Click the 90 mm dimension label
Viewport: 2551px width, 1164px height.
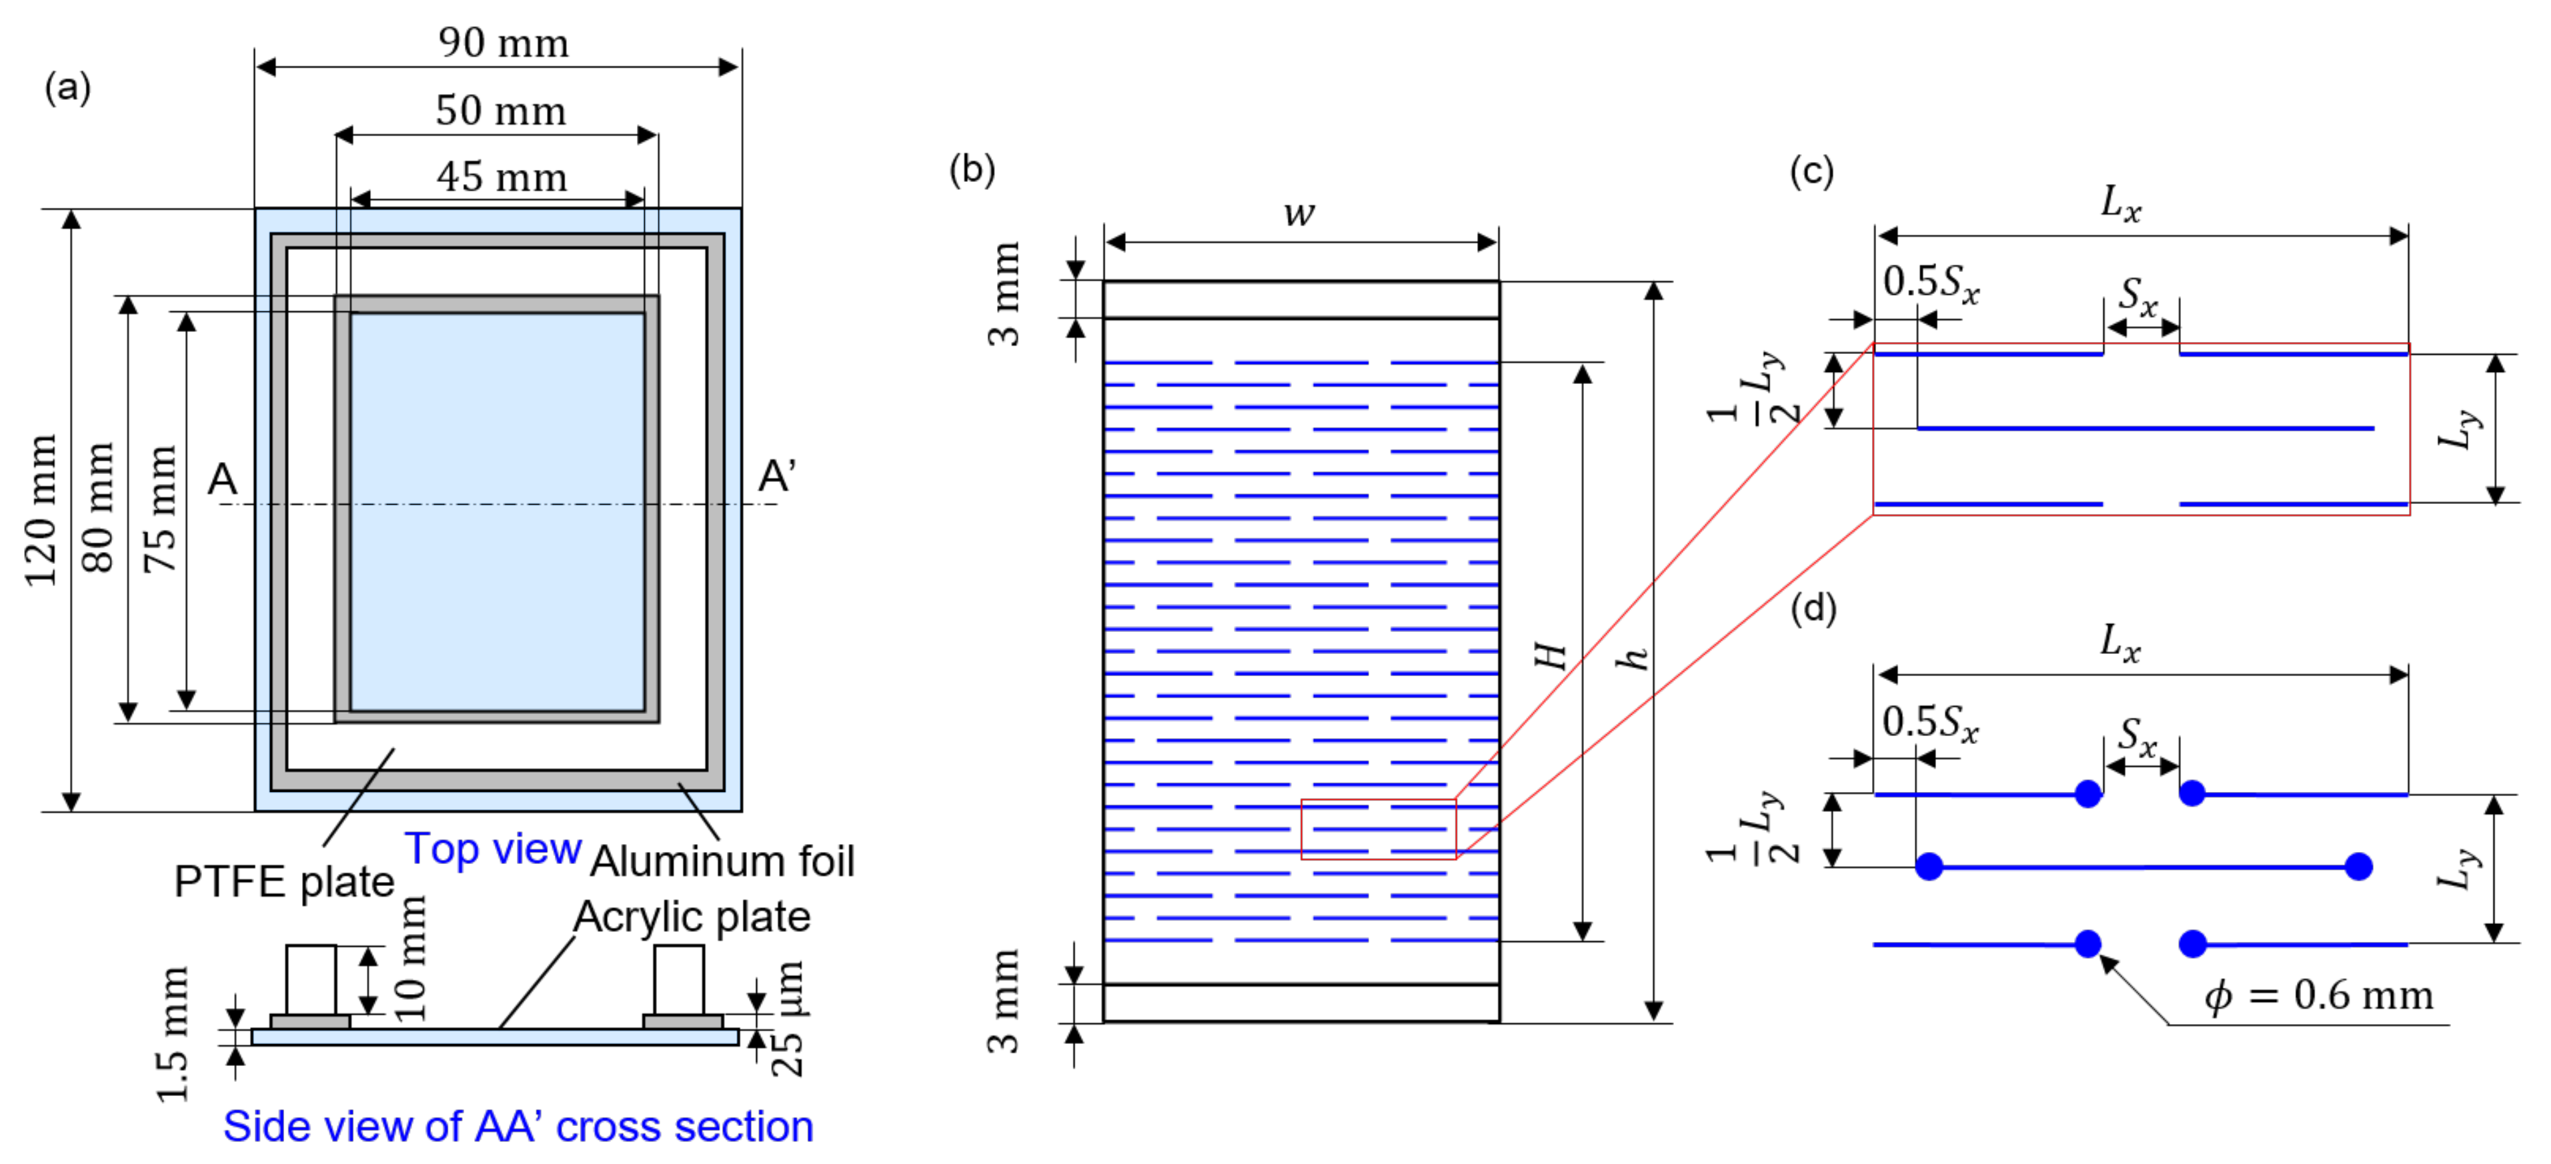pos(503,43)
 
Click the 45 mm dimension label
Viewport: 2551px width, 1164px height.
pos(502,178)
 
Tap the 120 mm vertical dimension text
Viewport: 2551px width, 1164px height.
pos(41,511)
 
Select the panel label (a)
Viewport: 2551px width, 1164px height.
pos(67,87)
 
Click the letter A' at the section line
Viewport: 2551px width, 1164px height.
pos(776,477)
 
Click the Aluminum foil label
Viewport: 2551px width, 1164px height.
pos(722,861)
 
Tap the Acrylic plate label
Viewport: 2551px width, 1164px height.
pos(692,917)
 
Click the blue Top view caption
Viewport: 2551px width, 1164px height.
pos(493,849)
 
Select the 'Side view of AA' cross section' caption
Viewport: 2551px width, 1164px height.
pos(518,1127)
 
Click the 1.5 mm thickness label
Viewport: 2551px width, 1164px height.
pos(172,1035)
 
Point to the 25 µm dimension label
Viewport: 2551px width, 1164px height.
pos(787,1019)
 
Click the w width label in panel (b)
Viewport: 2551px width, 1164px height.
pos(1299,213)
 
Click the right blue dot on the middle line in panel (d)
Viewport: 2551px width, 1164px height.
pos(2359,867)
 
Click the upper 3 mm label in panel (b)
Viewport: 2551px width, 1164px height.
pos(1004,294)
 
